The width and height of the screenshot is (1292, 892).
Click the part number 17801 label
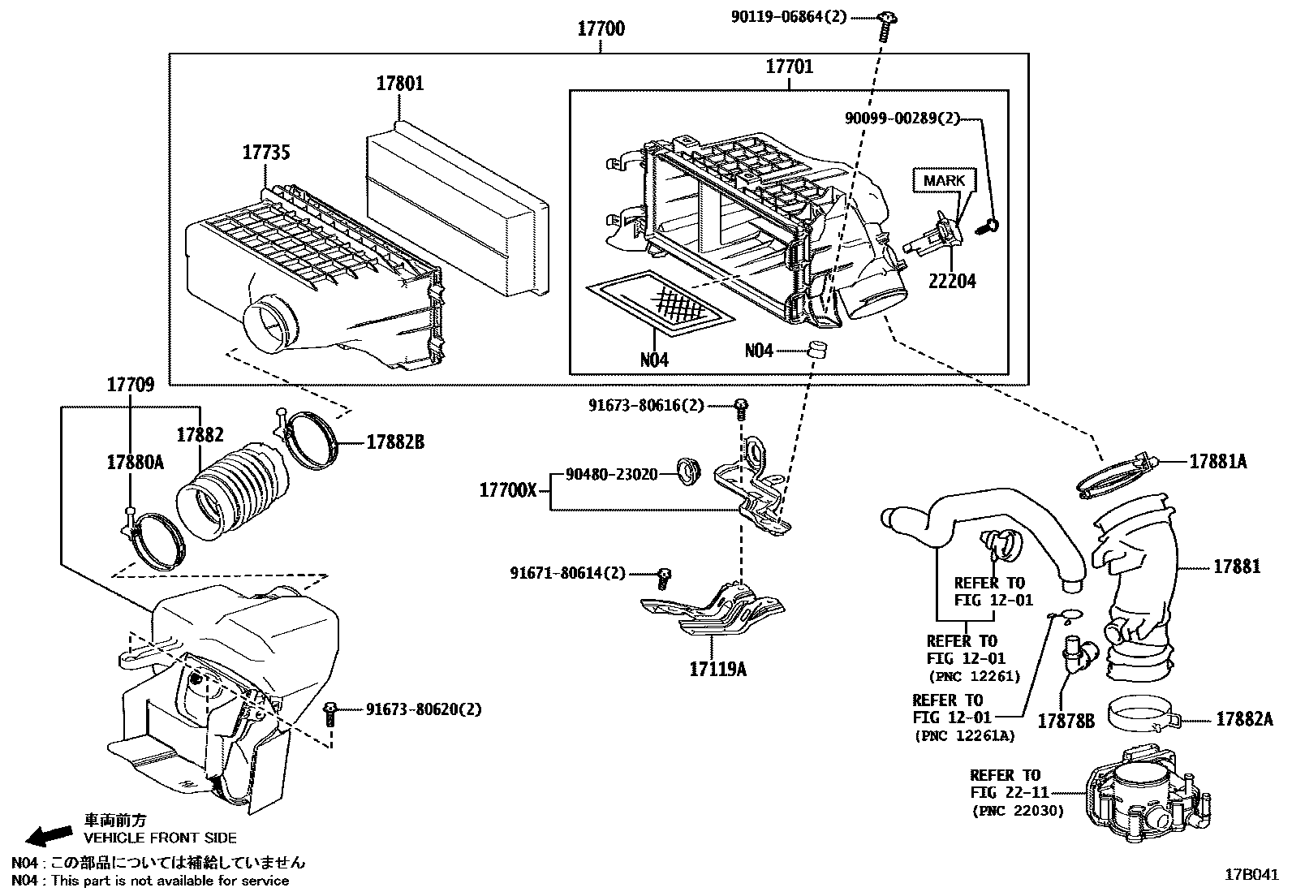[399, 84]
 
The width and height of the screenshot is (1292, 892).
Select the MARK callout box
[944, 180]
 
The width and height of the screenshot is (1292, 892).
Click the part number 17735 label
[266, 152]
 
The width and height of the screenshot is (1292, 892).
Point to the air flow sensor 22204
[935, 237]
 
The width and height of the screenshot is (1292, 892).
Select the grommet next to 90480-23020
[689, 472]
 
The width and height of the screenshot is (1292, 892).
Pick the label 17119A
[717, 670]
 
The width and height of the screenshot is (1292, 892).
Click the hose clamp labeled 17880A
[153, 536]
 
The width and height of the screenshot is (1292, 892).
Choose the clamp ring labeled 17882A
[1143, 715]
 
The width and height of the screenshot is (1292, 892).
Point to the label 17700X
[507, 489]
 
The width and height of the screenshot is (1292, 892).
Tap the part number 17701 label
[789, 66]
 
